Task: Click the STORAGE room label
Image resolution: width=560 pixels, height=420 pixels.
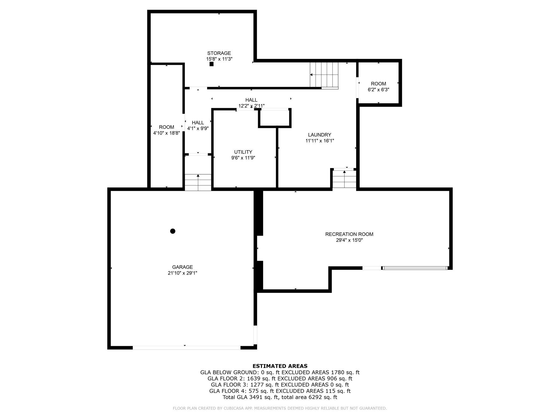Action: click(219, 53)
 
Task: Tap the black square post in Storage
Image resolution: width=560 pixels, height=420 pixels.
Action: click(212, 64)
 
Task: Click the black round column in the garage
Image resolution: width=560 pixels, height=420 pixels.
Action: click(173, 231)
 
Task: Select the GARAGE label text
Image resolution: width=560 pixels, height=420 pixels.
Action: click(183, 267)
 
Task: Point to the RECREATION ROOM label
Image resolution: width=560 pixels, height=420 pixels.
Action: click(349, 234)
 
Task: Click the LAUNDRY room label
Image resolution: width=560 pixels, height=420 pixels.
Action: click(320, 135)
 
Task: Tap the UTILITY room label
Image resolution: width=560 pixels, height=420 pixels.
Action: click(243, 152)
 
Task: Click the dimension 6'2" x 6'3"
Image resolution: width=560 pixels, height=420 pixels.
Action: click(379, 90)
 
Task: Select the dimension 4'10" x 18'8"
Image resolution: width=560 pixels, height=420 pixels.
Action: click(166, 133)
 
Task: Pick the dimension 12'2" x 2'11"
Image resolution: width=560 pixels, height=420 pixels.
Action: click(251, 106)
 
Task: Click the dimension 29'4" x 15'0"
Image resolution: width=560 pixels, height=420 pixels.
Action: click(349, 240)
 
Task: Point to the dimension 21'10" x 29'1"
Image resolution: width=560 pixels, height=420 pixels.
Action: click(183, 273)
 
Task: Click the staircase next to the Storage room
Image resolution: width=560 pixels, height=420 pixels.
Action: click(324, 75)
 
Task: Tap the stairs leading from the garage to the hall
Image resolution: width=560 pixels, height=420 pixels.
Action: click(198, 183)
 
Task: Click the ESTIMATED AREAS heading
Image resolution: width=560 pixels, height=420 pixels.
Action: click(280, 366)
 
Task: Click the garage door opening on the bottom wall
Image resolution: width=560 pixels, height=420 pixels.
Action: click(186, 348)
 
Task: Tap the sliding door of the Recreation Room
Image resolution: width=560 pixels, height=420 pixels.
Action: click(415, 268)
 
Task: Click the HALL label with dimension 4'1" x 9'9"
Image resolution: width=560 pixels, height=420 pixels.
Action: click(198, 126)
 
